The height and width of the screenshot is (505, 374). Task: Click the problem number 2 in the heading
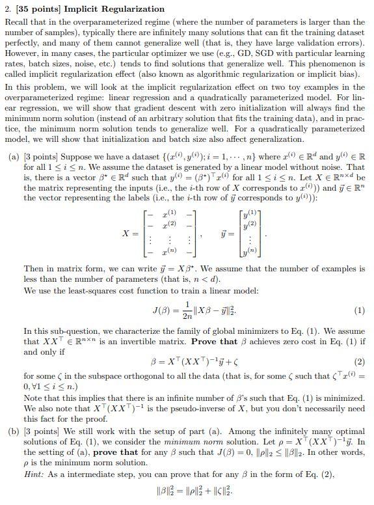tap(7, 8)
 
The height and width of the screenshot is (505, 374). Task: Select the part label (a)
tap(12, 158)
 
